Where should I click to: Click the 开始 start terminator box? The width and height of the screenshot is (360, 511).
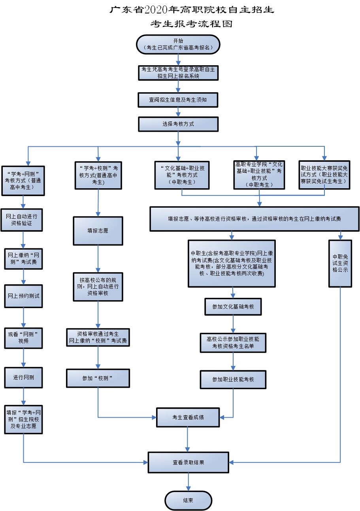(x=178, y=44)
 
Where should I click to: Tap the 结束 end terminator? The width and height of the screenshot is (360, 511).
(x=188, y=500)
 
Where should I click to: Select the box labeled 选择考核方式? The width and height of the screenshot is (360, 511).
(x=178, y=124)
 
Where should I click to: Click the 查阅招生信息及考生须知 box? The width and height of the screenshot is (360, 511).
(x=178, y=100)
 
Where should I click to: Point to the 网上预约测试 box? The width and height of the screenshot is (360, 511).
(x=23, y=296)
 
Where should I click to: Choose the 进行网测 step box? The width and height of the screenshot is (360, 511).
(x=23, y=377)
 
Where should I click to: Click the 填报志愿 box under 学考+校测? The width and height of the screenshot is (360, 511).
(x=98, y=231)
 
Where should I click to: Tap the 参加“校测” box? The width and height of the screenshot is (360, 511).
(x=98, y=378)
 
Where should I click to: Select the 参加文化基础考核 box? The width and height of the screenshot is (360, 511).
(x=233, y=306)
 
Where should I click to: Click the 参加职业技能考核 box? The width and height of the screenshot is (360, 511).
(x=233, y=379)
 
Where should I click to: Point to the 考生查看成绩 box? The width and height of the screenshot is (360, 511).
(x=188, y=417)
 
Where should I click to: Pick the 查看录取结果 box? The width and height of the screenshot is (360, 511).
(x=188, y=462)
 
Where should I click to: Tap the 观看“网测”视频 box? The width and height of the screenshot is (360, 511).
(x=23, y=337)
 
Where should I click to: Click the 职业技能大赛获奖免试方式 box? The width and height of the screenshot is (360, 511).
(x=324, y=174)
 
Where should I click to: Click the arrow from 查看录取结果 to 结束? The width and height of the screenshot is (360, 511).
(x=188, y=482)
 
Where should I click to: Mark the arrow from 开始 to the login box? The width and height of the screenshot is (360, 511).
(x=178, y=59)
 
